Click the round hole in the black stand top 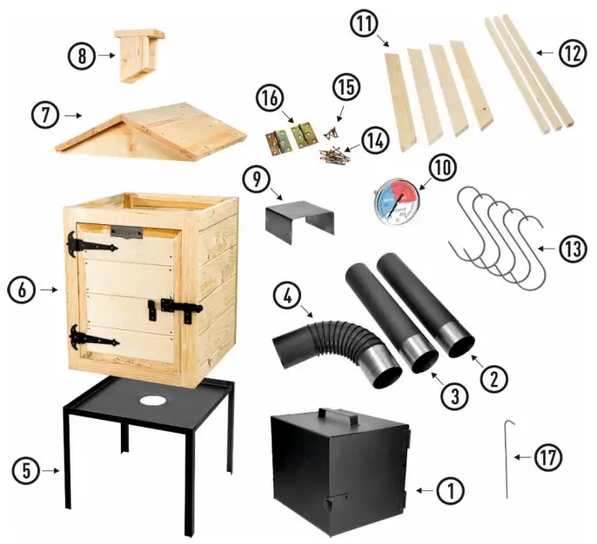[x=154, y=401]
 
